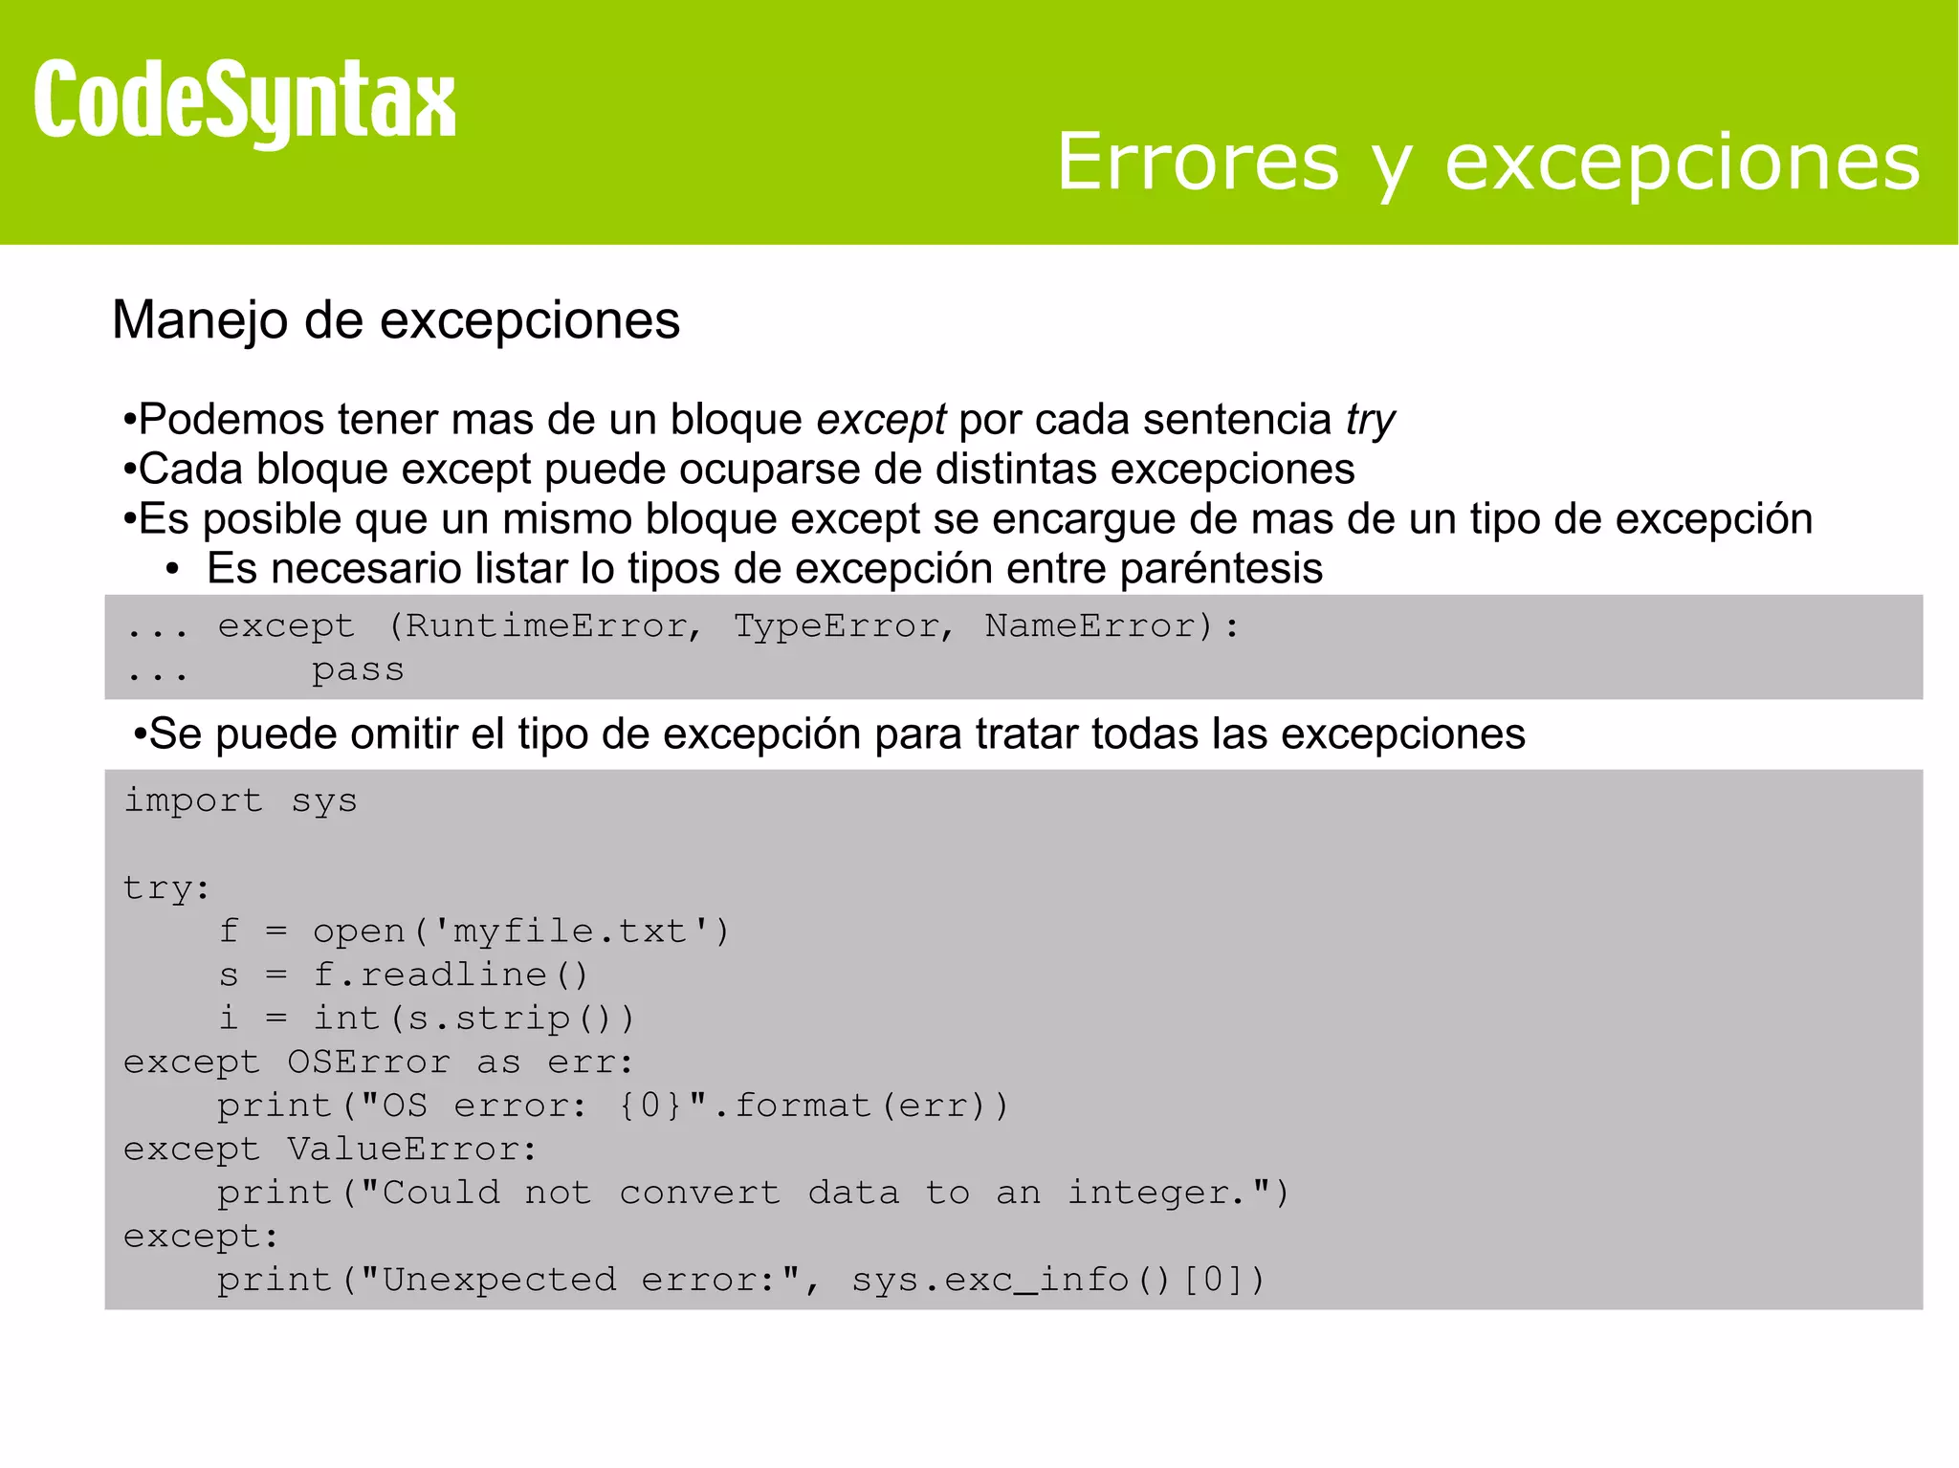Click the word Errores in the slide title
tap(1198, 162)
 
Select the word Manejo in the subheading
tap(199, 320)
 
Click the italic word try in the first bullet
tap(1370, 421)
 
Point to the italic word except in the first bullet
tap(881, 420)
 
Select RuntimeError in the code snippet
tap(546, 626)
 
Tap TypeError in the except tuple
tap(838, 626)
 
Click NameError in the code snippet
tap(1090, 626)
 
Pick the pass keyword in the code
tap(358, 670)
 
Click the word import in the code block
tap(193, 800)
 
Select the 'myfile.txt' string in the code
tap(570, 931)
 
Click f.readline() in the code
tap(451, 975)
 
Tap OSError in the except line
tap(368, 1063)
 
